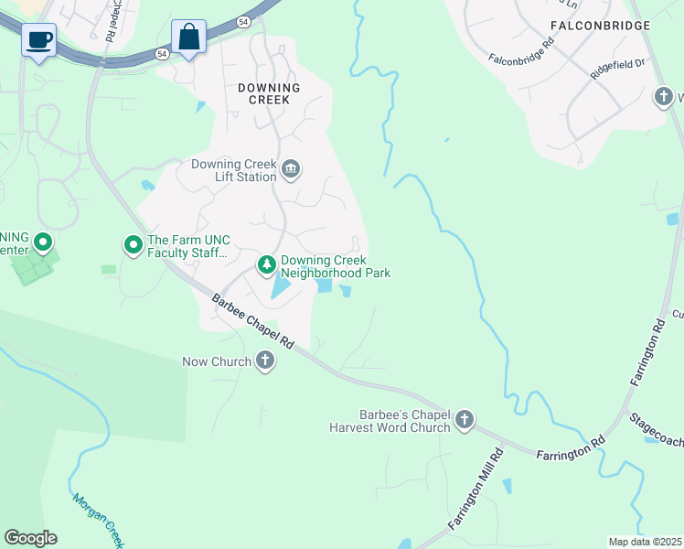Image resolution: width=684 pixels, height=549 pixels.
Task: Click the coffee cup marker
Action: click(x=39, y=41)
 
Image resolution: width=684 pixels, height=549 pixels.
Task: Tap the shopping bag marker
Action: click(x=189, y=38)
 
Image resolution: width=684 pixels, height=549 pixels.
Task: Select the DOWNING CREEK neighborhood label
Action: click(x=268, y=93)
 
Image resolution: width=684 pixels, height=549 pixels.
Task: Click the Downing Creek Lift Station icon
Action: click(x=292, y=168)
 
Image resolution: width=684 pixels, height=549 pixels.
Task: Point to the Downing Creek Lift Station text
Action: click(x=233, y=171)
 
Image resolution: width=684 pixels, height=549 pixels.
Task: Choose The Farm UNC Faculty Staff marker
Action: click(x=133, y=244)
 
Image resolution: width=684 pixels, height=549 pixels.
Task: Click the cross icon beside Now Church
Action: click(x=265, y=361)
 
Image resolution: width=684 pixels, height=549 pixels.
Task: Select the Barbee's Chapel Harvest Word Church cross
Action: click(x=465, y=420)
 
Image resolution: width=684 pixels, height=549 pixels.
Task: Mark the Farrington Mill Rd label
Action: click(x=476, y=487)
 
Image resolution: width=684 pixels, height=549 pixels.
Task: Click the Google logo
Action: click(x=30, y=538)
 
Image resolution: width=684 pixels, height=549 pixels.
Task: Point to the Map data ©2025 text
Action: click(x=645, y=542)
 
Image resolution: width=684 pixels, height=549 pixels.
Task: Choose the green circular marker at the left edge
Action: click(x=42, y=243)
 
